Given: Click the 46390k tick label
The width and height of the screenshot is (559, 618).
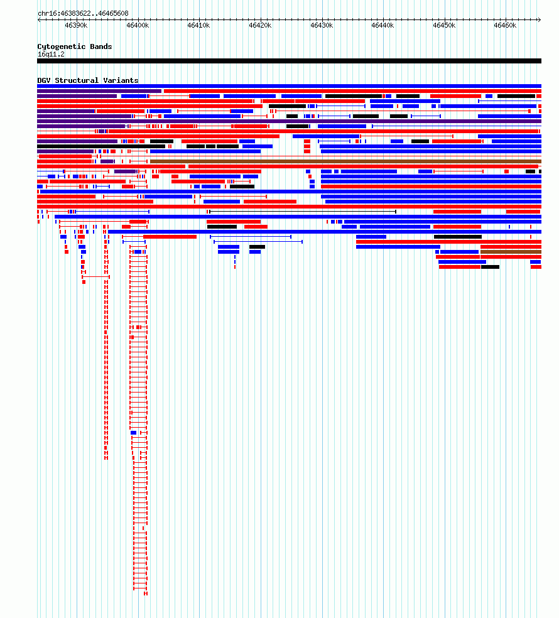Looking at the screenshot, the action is tap(76, 26).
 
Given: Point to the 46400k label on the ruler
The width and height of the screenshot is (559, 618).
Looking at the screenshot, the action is tap(138, 26).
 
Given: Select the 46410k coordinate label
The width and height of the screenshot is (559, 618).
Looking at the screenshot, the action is tap(198, 26).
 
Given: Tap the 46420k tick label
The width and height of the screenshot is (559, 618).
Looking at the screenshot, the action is tap(260, 26).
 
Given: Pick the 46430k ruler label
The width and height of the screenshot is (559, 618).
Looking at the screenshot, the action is tap(322, 26).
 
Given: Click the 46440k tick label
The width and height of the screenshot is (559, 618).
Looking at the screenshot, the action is tap(383, 26).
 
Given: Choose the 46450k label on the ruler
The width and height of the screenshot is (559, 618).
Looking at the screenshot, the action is tap(444, 26).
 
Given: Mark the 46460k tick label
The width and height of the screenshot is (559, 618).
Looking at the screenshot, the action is tap(505, 26).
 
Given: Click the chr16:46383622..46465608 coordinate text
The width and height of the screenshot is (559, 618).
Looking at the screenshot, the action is tap(83, 13).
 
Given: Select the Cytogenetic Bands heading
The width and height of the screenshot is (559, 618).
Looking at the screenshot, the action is tap(75, 46).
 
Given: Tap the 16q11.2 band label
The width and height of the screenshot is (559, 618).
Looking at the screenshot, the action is tap(51, 55).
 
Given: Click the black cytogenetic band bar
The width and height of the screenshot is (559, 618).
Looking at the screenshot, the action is tap(289, 61).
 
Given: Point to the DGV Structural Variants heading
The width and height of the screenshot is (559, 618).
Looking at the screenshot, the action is tap(88, 80).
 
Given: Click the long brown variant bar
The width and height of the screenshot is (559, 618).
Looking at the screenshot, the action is tap(345, 161).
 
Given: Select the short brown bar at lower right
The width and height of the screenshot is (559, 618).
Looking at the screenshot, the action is tap(511, 252).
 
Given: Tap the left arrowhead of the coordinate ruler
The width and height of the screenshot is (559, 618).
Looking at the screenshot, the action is tap(39, 19).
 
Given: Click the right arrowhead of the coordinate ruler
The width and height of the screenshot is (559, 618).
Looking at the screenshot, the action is tap(540, 19).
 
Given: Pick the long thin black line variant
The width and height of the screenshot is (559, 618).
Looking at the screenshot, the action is tap(303, 212).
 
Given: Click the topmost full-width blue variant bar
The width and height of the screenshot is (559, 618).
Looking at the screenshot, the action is tap(289, 86).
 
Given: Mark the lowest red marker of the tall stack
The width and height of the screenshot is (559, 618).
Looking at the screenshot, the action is tap(146, 594).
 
